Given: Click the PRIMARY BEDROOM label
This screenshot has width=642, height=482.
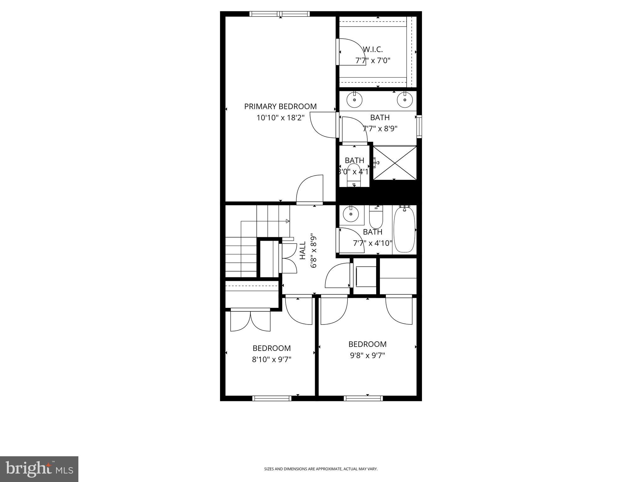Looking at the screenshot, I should (280, 106).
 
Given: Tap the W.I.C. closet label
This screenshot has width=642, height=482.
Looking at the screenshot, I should (373, 49).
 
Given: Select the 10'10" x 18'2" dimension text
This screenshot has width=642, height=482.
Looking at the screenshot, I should (280, 118).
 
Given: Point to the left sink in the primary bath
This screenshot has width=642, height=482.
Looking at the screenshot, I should (355, 100).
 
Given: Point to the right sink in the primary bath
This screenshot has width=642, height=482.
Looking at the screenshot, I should (405, 100).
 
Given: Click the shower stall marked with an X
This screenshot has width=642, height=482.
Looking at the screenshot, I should (395, 163).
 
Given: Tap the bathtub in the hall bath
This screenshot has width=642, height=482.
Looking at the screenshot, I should (404, 229).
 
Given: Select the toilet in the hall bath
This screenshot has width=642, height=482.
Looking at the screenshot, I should (376, 217).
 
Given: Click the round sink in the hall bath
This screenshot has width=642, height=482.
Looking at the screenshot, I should (351, 215).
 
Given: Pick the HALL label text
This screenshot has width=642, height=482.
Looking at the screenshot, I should (303, 250).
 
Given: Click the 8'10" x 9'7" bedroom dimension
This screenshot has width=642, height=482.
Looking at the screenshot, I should (272, 359).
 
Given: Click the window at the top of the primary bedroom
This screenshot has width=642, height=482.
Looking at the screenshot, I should (280, 14).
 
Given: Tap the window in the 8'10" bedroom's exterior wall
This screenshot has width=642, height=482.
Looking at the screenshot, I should (272, 398).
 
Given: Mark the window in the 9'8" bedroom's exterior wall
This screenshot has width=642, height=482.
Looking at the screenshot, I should (363, 398).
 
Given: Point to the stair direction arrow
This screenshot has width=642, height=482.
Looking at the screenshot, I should (287, 221).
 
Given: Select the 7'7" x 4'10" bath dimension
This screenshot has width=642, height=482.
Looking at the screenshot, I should (373, 243).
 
